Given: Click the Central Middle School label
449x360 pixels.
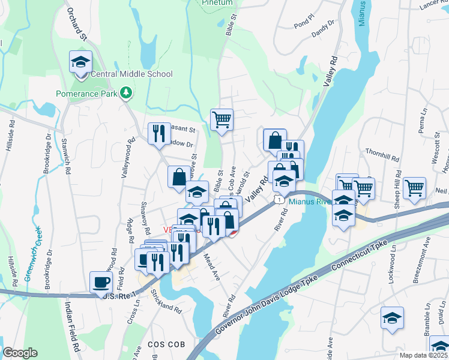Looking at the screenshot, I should [x=131, y=74].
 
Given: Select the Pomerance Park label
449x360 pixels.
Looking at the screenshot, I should [x=87, y=94].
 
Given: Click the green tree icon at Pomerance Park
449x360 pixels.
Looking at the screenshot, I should [x=126, y=92].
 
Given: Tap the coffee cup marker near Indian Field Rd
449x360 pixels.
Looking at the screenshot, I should [x=100, y=282].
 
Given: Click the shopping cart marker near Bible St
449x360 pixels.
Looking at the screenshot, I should [x=221, y=120].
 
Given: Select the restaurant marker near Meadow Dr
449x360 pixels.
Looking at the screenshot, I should [x=159, y=133].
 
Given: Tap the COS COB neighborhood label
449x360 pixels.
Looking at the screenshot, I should [x=164, y=343].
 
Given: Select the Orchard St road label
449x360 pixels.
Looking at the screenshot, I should [x=77, y=24].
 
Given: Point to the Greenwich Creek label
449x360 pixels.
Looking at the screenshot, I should [x=32, y=253].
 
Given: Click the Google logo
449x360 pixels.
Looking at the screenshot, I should [x=20, y=353].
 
